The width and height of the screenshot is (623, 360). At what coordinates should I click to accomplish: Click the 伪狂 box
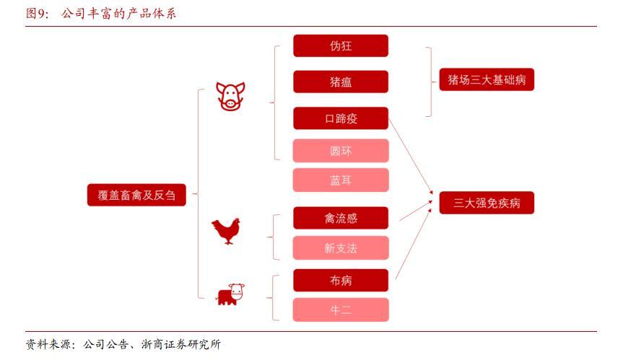[x=341, y=45]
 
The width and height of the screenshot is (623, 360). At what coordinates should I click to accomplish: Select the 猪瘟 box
[x=341, y=82]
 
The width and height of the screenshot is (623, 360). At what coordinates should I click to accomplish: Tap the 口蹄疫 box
[x=341, y=118]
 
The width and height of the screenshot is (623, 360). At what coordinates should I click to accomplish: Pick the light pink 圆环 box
[x=341, y=151]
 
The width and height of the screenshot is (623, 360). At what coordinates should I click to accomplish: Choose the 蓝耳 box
[x=341, y=180]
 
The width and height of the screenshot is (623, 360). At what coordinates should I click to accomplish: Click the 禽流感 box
[x=341, y=218]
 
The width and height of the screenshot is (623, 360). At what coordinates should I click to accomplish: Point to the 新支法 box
[x=341, y=248]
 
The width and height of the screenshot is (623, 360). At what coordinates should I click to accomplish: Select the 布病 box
[x=341, y=280]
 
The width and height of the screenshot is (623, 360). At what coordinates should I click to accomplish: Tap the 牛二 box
[x=341, y=309]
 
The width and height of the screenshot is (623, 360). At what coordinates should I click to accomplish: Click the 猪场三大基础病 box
[x=487, y=79]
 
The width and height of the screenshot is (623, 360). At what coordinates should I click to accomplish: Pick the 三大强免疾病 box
[x=487, y=203]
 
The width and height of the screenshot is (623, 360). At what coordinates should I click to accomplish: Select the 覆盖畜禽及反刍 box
[x=136, y=195]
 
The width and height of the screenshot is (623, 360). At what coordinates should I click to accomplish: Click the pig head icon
[x=230, y=96]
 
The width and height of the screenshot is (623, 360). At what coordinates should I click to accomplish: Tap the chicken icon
[x=226, y=231]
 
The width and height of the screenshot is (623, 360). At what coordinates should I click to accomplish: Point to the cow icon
[x=230, y=294]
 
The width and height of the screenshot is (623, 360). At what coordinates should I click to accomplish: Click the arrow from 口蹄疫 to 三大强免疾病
[x=411, y=156]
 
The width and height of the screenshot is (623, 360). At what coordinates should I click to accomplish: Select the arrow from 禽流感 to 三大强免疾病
[x=416, y=211]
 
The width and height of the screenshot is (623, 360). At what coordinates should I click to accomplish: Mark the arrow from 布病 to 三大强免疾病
[x=413, y=244]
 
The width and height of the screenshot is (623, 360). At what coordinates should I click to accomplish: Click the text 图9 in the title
[x=37, y=14]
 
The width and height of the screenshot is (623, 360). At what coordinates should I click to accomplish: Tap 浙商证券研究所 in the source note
[x=180, y=344]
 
